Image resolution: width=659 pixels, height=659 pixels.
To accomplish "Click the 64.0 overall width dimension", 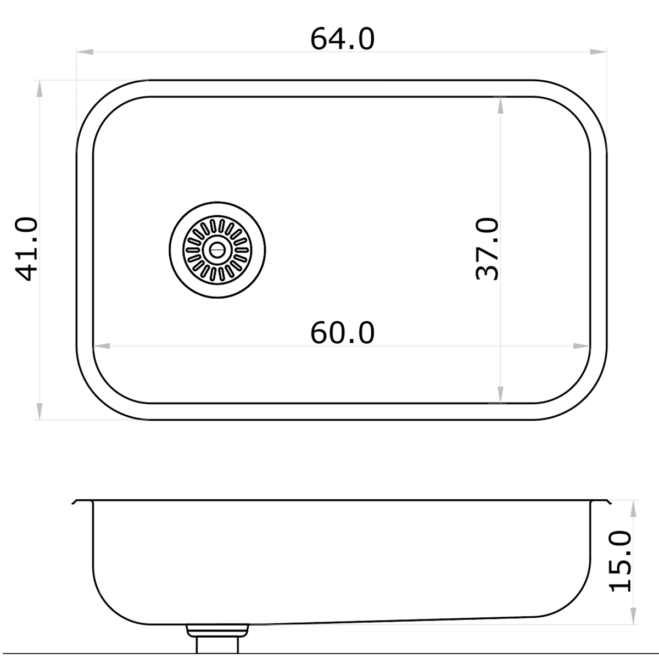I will click(x=342, y=39).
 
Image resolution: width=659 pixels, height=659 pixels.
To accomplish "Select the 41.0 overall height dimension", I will click(x=26, y=249).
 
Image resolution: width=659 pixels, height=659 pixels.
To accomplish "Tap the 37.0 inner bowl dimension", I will click(x=487, y=249).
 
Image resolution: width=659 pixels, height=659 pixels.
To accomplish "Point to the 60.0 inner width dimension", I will click(x=342, y=333).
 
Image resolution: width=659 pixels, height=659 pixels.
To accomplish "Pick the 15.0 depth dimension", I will click(x=621, y=561).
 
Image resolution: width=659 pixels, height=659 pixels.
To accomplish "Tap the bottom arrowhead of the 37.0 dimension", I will click(x=500, y=394).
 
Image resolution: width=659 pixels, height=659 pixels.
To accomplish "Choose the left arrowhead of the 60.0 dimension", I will click(x=102, y=346).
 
